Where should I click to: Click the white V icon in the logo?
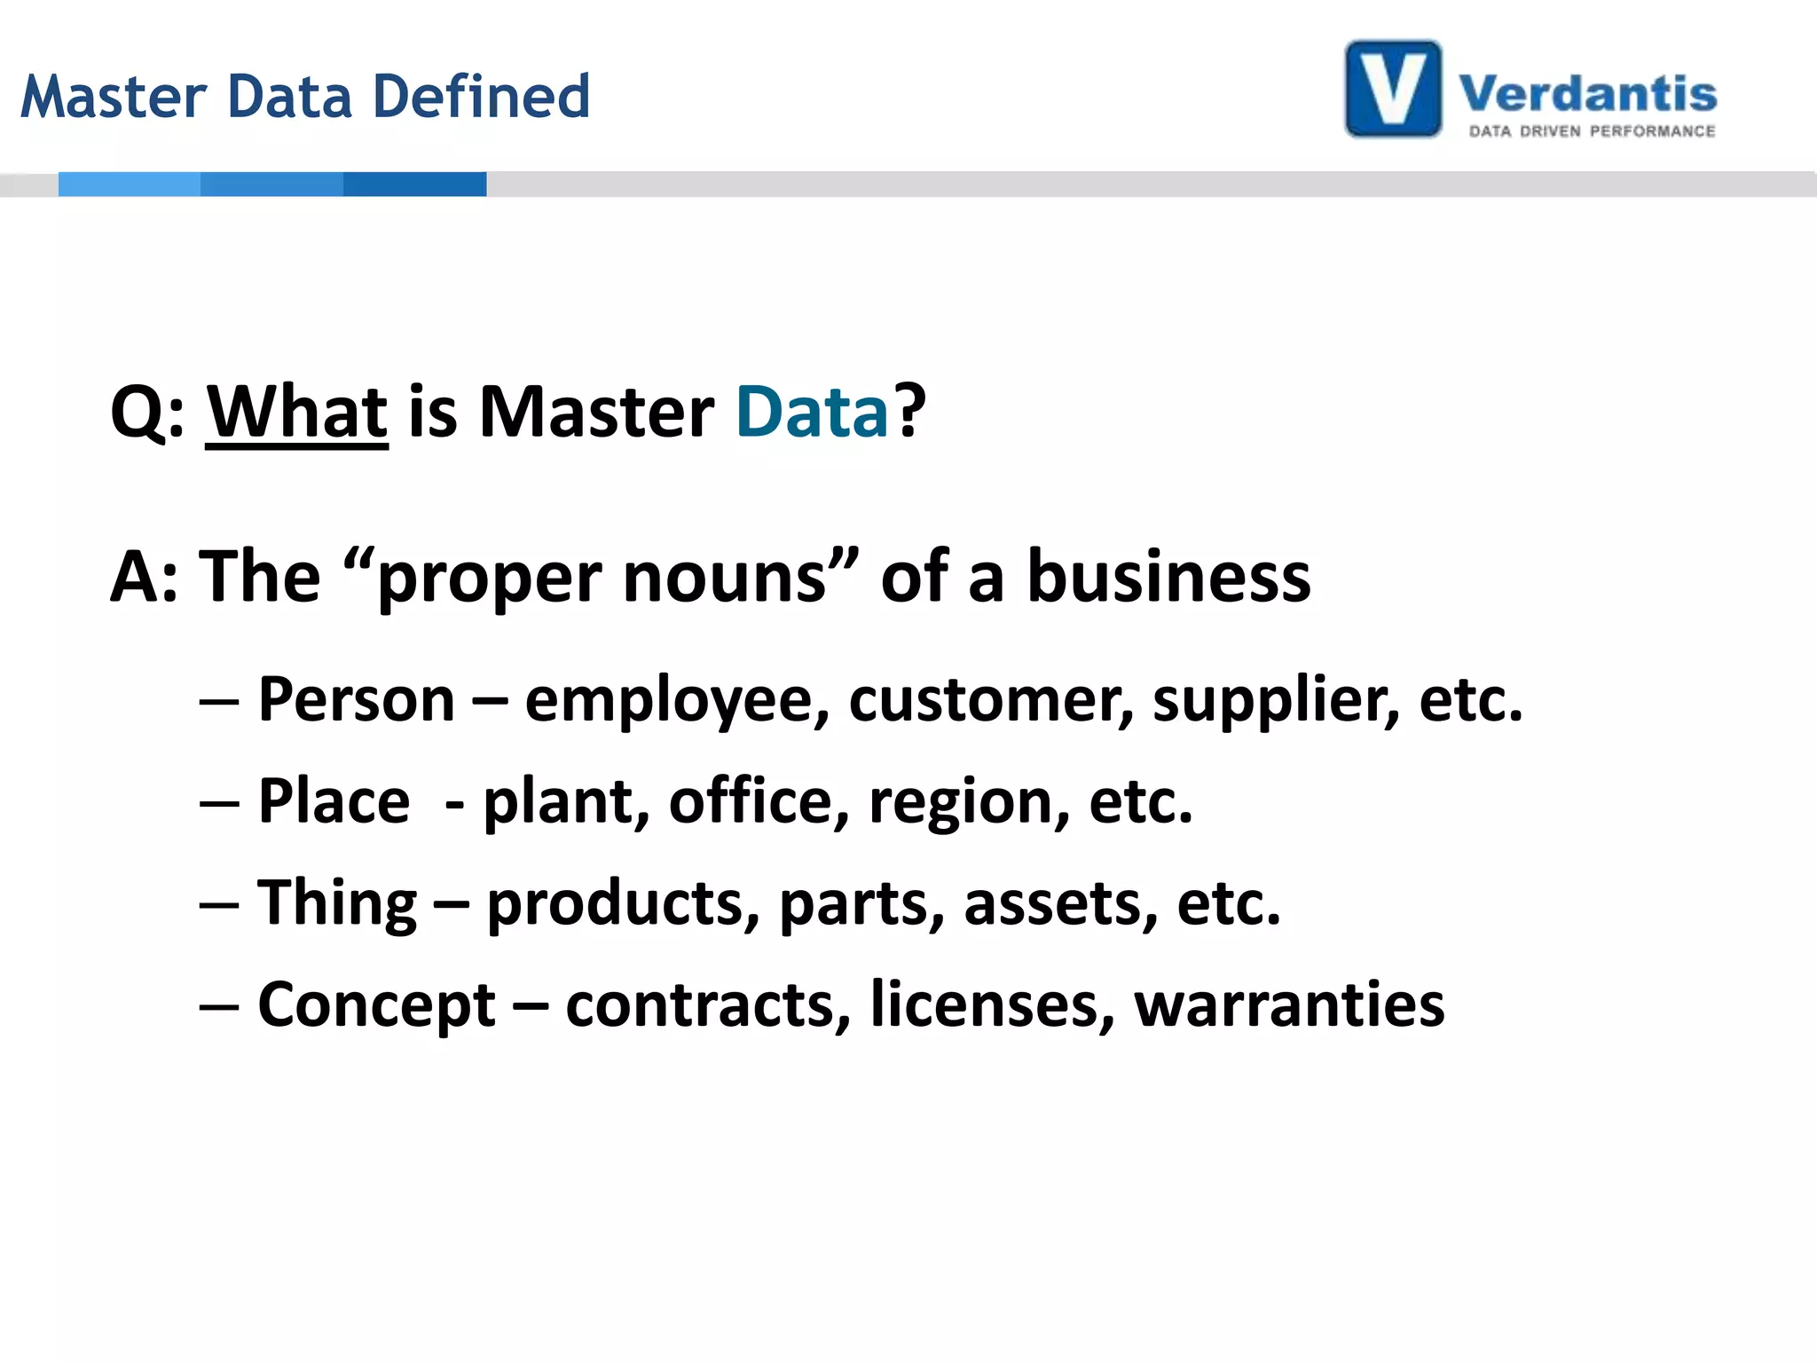[1393, 89]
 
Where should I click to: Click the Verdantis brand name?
[1587, 94]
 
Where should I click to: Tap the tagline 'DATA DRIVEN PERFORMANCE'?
[1592, 131]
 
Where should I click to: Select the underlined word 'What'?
[297, 412]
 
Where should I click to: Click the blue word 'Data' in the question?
[812, 412]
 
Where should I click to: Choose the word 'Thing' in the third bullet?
[337, 903]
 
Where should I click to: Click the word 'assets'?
[1061, 903]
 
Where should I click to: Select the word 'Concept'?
[376, 1006]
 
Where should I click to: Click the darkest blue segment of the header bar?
[414, 184]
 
